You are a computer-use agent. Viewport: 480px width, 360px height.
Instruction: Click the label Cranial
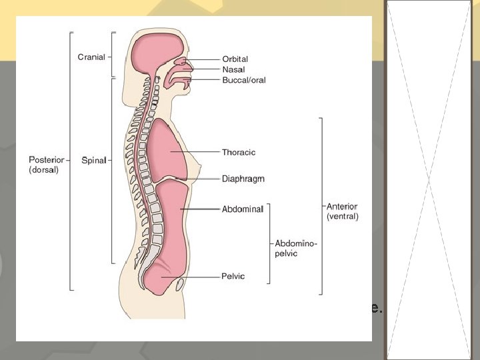pos(91,57)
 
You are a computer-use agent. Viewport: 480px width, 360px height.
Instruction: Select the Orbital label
pos(235,59)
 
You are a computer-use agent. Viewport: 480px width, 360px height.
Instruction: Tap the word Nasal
pos(233,69)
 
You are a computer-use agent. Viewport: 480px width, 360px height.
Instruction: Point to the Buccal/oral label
pos(243,80)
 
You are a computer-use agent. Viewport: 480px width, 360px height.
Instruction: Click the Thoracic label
pos(239,152)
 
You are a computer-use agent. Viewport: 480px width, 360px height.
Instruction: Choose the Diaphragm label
pos(243,179)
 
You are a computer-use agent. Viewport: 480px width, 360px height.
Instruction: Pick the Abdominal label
pos(242,209)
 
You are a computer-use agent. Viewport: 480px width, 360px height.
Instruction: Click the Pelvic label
pos(233,276)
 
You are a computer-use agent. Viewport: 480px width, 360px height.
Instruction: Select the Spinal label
pos(93,160)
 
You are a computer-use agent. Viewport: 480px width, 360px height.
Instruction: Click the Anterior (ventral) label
pos(342,211)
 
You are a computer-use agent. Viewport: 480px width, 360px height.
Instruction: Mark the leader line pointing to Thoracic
pos(200,152)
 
